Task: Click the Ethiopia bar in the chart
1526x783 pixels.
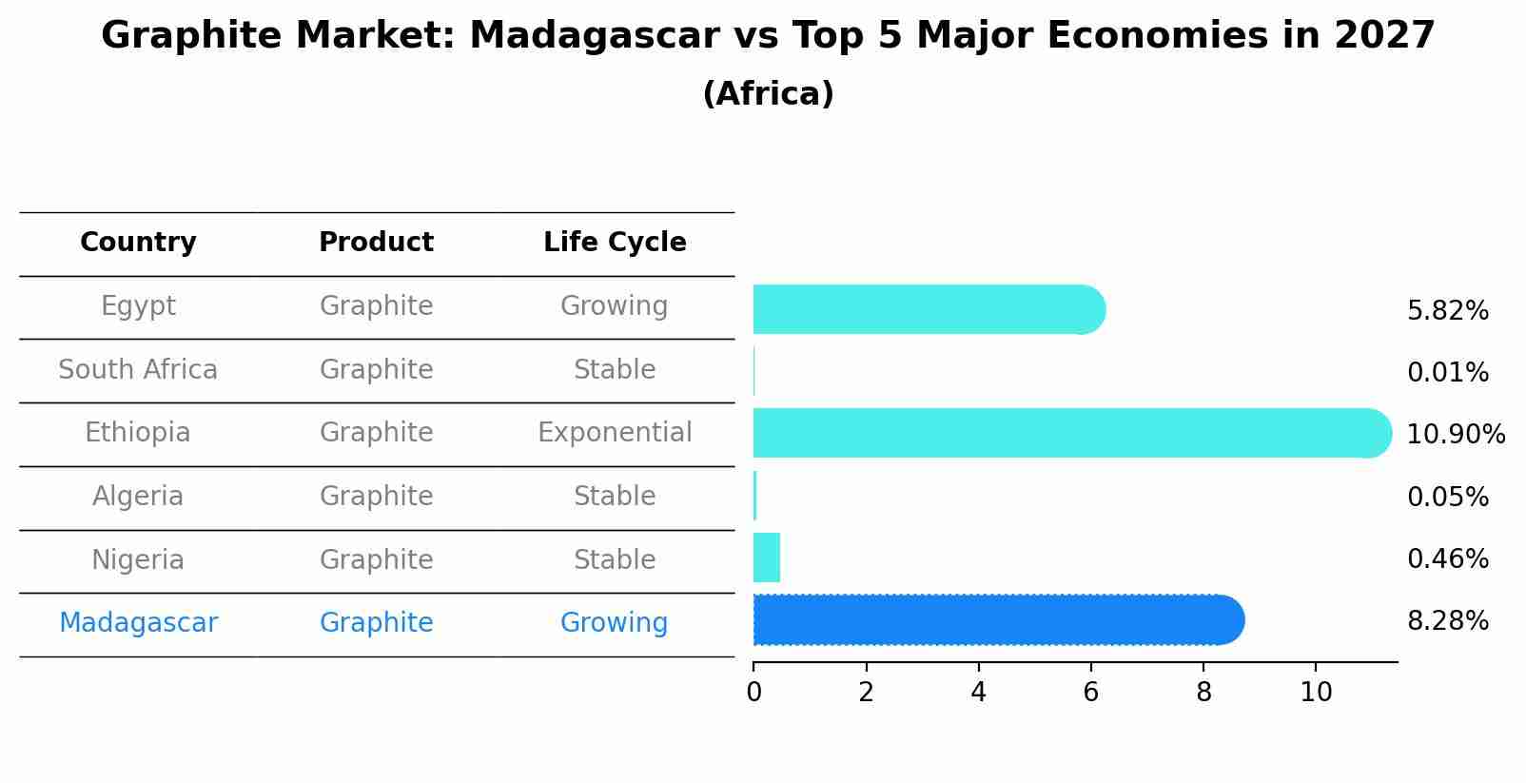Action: coord(1072,434)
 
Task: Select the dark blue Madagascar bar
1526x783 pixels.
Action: coord(999,620)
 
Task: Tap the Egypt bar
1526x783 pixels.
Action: coord(929,309)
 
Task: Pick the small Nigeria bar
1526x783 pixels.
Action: coord(767,558)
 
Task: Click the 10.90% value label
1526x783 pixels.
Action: coord(1456,434)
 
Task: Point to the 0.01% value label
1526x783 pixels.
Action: coord(1448,372)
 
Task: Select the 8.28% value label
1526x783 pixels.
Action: coord(1448,621)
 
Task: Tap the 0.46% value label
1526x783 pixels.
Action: coord(1448,558)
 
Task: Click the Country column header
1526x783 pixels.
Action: coord(138,242)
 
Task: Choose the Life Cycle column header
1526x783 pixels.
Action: coord(615,242)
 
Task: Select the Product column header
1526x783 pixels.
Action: coord(376,242)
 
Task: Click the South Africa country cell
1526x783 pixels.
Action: coord(138,369)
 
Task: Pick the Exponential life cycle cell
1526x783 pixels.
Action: coord(615,432)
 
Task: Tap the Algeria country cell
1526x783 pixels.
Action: coord(138,496)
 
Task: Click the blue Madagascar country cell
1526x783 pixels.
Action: coord(138,622)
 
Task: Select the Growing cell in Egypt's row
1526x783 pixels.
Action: coord(615,306)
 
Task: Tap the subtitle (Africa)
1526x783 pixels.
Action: coord(768,93)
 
